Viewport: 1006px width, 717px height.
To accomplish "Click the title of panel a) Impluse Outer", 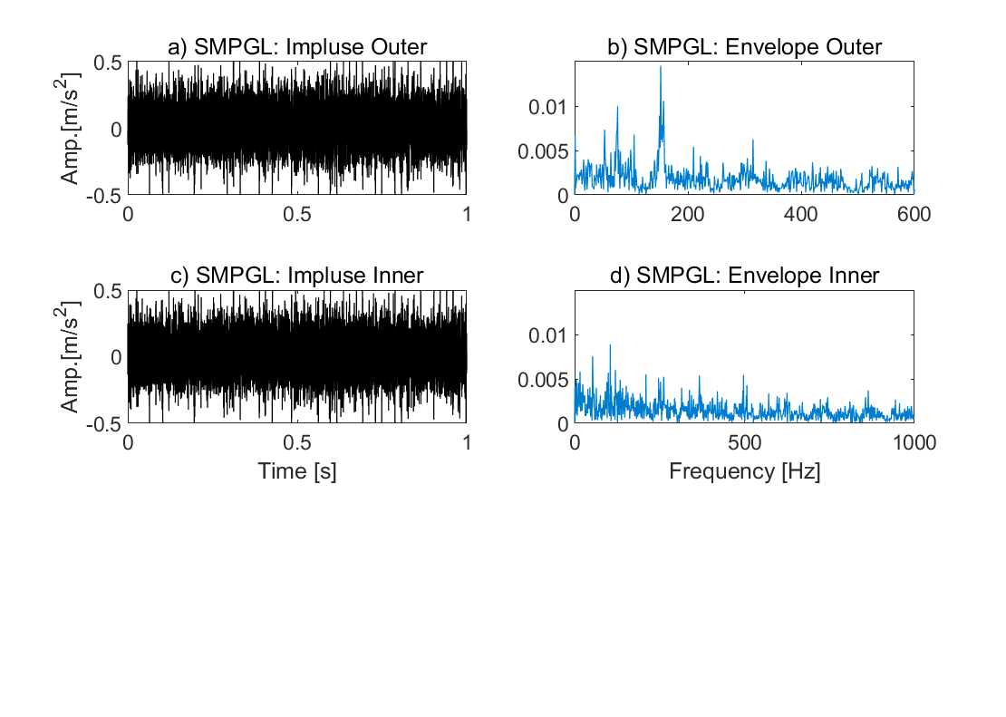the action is click(x=297, y=47).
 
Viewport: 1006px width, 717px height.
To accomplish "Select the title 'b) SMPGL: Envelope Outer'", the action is click(x=744, y=47).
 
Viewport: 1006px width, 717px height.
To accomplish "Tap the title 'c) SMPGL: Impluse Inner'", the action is click(x=297, y=276).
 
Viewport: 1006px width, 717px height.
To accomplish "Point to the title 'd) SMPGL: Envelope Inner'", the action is click(x=744, y=276).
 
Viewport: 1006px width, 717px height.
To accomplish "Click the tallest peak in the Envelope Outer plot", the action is click(x=661, y=67).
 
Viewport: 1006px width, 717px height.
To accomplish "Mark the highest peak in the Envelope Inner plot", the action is click(x=610, y=345).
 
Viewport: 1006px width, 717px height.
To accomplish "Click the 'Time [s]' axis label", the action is click(x=297, y=471).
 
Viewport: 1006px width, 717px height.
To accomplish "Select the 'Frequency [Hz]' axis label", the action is click(x=744, y=471).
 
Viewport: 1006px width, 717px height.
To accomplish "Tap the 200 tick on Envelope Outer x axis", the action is click(x=688, y=214).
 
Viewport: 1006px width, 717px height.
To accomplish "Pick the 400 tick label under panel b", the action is click(x=800, y=214).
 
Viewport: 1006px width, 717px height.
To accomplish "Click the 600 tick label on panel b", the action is click(x=914, y=214).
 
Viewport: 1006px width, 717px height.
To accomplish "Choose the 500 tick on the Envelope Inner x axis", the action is click(x=744, y=442).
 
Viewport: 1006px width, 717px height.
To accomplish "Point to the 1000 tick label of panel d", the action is click(x=914, y=442).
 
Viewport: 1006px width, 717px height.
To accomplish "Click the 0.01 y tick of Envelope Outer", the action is click(x=548, y=107).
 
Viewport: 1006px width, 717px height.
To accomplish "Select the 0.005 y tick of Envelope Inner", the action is click(x=543, y=380).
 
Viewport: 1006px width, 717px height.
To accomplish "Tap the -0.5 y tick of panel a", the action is click(x=103, y=196).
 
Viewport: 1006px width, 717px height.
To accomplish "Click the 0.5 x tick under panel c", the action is click(x=297, y=442).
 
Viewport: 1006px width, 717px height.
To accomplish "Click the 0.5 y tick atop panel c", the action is click(x=107, y=291).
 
